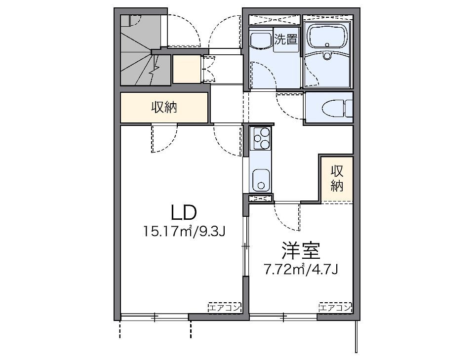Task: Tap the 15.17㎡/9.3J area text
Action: coord(184,232)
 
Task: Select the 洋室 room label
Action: coord(301,250)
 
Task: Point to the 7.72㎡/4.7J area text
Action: coord(301,269)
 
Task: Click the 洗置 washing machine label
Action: coord(286,40)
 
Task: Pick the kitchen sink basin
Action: coord(261,180)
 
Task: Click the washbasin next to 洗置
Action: coord(261,40)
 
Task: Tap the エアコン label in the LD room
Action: coord(225,308)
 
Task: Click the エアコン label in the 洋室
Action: coord(336,308)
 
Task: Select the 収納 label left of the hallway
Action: coord(164,107)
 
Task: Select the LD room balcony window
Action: coord(155,317)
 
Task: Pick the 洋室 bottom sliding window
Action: coord(283,317)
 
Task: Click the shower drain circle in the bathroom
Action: coord(327,56)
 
